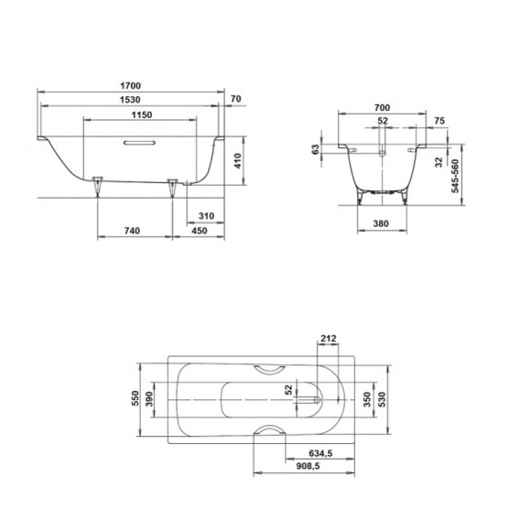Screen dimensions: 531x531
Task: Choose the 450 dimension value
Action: (200, 232)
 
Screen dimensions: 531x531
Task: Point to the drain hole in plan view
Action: (316, 398)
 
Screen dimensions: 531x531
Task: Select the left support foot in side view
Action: (99, 186)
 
